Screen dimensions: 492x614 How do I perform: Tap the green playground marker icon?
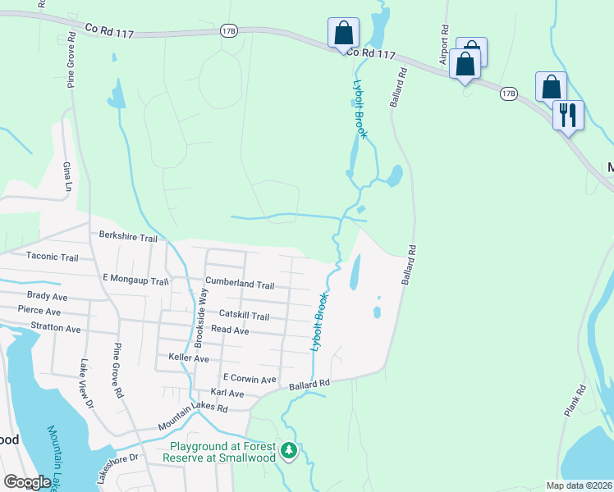(288, 450)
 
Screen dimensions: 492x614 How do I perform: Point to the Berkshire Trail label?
(127, 236)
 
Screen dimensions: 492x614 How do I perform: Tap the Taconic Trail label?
(52, 257)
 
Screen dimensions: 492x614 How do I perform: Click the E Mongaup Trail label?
(135, 281)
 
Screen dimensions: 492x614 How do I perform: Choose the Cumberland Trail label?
(240, 285)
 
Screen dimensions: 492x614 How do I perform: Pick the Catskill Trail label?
(244, 315)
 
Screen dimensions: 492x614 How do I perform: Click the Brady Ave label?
(46, 296)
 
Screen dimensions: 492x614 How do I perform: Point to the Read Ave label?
(230, 329)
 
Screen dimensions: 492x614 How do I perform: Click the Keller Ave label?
(188, 359)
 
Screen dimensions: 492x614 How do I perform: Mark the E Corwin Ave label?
(249, 380)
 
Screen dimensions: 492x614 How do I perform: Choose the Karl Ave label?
(227, 394)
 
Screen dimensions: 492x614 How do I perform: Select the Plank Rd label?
(576, 399)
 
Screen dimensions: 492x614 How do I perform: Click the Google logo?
(27, 482)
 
